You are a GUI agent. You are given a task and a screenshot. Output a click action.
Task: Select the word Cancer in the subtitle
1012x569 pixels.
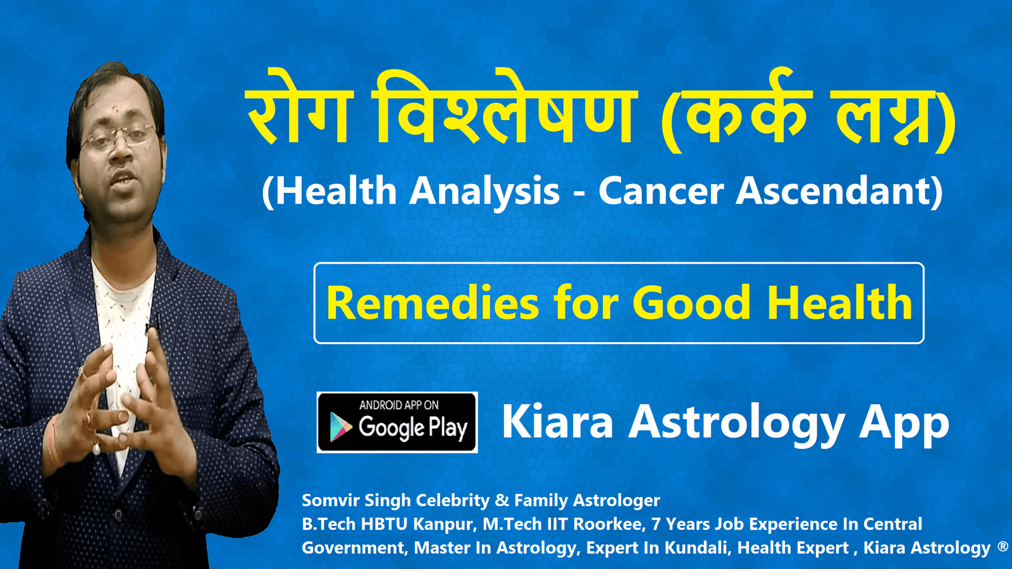[x=662, y=192]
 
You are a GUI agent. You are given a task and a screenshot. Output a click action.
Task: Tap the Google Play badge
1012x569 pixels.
[x=397, y=423]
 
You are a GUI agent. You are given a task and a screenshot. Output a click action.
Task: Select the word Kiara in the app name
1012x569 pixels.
[x=558, y=422]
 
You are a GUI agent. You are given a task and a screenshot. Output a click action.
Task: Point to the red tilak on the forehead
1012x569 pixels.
[x=115, y=108]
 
